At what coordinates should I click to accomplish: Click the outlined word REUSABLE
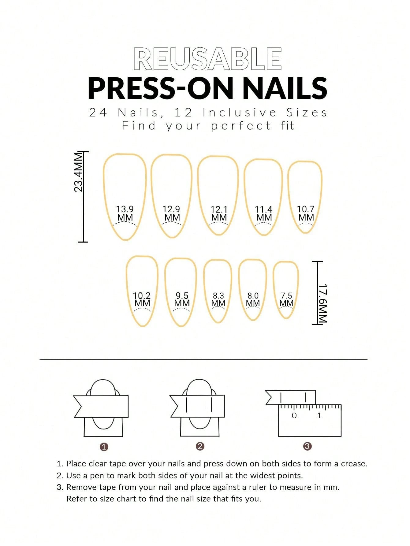point(207,59)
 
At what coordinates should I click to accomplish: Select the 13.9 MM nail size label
point(125,213)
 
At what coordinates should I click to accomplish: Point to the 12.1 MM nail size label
point(219,214)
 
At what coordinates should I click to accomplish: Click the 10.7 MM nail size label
point(306,213)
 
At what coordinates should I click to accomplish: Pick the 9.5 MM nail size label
point(182,299)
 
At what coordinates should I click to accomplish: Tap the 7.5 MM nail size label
point(286,299)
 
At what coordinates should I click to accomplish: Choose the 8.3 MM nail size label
point(218,299)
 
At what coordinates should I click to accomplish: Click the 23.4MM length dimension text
point(78,172)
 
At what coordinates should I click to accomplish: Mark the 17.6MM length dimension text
point(323,303)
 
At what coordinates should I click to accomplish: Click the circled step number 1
point(104,447)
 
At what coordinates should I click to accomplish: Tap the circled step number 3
point(307,446)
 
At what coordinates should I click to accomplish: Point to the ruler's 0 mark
point(294,415)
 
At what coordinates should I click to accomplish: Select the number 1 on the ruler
point(319,415)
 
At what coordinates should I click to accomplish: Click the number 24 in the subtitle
point(98,113)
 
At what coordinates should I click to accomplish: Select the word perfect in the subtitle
point(241,126)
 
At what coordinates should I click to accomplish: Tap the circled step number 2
point(200,446)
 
